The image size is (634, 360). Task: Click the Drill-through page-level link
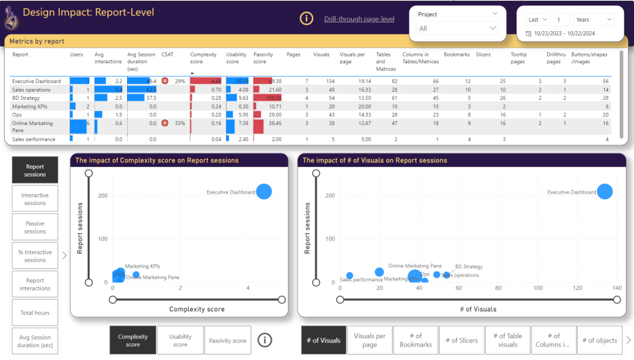pos(359,19)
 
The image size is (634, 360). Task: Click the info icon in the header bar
pos(306,19)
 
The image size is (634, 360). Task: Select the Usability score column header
pos(236,58)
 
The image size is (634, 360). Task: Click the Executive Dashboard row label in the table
pos(36,81)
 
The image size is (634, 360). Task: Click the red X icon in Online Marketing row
pos(164,123)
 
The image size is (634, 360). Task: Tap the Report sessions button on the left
pos(35,170)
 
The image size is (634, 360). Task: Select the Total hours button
pos(35,312)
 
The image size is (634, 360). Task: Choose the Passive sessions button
pos(35,227)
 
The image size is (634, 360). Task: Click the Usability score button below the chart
pos(180,340)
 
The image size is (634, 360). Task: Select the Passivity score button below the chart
pos(228,340)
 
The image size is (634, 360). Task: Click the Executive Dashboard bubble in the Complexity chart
pos(264,192)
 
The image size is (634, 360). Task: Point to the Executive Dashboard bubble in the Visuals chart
pos(604,192)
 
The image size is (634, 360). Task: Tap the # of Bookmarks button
pos(416,340)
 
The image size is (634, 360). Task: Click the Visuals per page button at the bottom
pos(370,340)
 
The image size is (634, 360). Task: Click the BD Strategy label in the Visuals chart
pos(469,267)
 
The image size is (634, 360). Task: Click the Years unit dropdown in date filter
pos(594,20)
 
